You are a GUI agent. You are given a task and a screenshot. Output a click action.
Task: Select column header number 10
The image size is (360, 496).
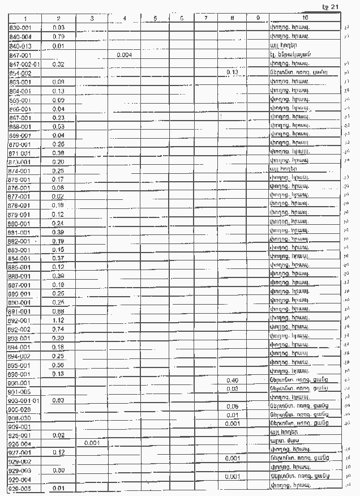point(306,19)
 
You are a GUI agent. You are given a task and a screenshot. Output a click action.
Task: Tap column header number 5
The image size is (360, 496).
point(155,19)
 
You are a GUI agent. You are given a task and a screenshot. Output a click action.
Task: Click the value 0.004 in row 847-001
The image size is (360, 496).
point(124,55)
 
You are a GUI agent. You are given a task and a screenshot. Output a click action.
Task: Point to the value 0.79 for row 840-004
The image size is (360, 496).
point(58,36)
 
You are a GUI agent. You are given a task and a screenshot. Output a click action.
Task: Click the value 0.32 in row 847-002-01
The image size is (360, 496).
point(58,64)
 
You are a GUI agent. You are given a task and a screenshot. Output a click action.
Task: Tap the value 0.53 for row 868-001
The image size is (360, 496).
point(58,126)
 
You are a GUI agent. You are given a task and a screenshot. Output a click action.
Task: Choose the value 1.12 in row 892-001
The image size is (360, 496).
point(58,320)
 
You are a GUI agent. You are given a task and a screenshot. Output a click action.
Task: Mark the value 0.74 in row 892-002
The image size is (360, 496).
point(58,329)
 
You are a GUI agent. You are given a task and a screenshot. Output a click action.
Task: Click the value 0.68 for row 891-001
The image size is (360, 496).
point(58,311)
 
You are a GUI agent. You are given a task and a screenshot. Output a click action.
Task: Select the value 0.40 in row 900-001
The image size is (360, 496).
point(232,379)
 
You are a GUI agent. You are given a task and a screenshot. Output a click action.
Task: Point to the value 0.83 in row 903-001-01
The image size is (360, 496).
point(58,400)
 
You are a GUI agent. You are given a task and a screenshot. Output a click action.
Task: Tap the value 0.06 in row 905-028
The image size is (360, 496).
point(232,406)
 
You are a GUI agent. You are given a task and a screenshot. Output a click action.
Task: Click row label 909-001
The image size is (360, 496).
point(20,426)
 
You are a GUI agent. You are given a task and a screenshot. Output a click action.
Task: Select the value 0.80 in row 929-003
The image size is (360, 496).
point(58,470)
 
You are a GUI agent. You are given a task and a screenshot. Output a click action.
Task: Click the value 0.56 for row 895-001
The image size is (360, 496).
point(58,365)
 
